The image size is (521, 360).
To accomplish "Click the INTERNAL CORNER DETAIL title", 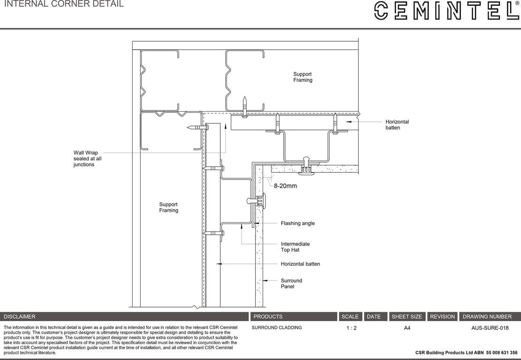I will click(64, 4).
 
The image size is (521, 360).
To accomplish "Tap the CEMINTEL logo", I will click(446, 11).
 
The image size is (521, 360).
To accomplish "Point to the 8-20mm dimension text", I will click(285, 186).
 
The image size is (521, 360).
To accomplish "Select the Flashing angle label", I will click(298, 224).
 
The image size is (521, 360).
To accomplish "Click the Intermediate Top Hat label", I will click(295, 247).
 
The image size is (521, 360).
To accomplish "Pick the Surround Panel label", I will click(291, 284).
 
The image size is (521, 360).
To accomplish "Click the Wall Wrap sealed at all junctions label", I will click(87, 159).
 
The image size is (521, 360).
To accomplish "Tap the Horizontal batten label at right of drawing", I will click(397, 125).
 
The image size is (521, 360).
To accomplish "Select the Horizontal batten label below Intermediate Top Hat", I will click(300, 264).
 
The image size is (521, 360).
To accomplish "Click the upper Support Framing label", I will click(302, 77).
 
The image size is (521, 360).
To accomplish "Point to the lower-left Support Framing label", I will click(168, 208).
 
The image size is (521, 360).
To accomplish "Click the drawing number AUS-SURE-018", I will click(490, 328).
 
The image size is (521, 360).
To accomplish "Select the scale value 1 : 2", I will click(351, 328).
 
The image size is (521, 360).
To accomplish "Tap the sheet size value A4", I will click(407, 328).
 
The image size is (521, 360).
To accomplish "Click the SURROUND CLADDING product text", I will click(277, 328).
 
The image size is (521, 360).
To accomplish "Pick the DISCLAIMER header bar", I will click(124, 316).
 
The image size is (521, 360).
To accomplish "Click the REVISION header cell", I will click(442, 316).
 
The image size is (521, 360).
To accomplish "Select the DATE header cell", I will click(374, 316).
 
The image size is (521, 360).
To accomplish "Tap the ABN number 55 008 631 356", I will click(502, 352).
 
